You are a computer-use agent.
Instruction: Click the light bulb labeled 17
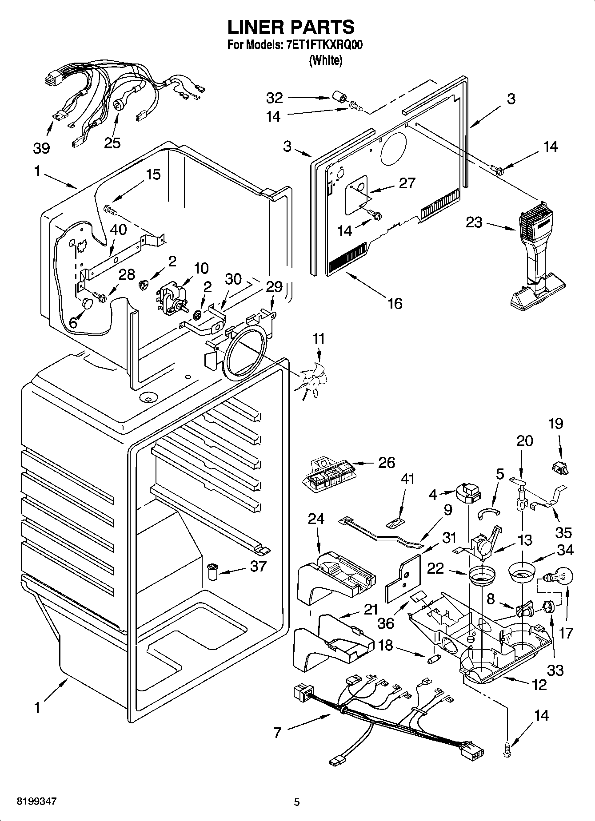tap(561, 578)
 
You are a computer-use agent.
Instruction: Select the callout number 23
tap(474, 222)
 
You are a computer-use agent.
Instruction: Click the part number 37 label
tap(258, 566)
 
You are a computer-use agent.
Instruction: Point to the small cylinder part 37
tap(213, 570)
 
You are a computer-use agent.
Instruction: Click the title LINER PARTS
tap(291, 27)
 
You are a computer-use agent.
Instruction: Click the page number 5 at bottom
tap(297, 802)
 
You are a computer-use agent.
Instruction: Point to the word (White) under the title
tap(326, 60)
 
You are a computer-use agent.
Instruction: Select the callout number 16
tap(395, 303)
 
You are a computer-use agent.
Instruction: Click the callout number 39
tap(41, 148)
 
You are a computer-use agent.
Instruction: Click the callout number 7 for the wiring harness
tap(277, 732)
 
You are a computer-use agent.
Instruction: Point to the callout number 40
tap(118, 230)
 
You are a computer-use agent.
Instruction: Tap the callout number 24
tap(316, 519)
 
